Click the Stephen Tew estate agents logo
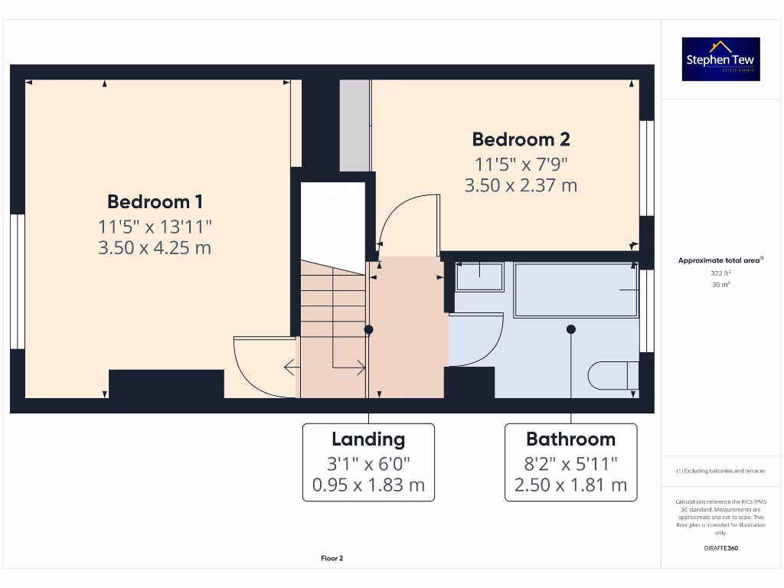coord(720,60)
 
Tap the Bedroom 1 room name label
coord(155,202)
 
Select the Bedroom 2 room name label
coord(521,139)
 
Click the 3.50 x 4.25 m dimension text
coord(155,248)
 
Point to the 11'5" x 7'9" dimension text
coord(521,163)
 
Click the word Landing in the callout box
coord(368,439)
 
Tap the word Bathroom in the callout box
coord(570,439)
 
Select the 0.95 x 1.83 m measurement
coord(368,485)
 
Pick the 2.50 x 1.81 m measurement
coord(570,485)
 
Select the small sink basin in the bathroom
coord(479,276)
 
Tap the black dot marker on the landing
coord(368,330)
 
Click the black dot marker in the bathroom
coord(570,329)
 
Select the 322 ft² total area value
coord(720,273)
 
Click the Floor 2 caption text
coord(332,559)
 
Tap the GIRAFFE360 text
coord(720,548)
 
